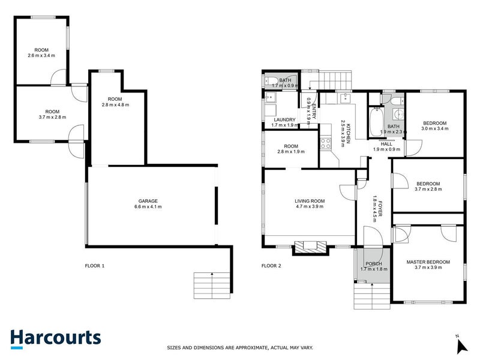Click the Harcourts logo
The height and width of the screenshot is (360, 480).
pos(55,338)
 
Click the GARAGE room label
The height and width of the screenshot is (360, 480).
pos(148,201)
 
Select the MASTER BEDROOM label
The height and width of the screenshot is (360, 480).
pos(428,262)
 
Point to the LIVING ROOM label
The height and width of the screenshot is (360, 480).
pos(310,201)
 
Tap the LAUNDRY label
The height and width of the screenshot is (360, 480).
pos(284,119)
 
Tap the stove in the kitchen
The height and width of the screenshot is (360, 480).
pos(326,143)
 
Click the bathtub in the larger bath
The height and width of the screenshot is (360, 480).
pos(376,122)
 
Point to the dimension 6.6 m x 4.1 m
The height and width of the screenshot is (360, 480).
pos(148,207)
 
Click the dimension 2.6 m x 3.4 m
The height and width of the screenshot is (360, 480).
pos(41,56)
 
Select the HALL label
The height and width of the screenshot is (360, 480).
pos(386,143)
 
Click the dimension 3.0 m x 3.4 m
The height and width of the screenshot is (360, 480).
pos(434,129)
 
